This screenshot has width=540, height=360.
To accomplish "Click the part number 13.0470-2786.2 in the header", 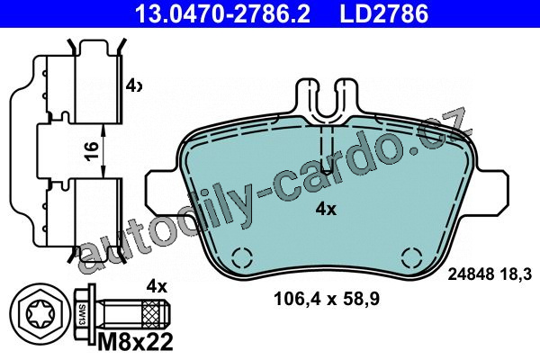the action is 222,13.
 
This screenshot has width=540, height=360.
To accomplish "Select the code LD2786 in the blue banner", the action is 384,13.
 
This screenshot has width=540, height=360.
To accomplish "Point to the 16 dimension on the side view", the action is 91,150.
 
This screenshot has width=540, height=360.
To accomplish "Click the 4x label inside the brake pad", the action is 326,209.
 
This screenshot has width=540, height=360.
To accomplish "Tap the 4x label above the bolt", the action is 157,286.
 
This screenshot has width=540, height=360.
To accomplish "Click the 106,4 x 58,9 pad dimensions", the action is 327,299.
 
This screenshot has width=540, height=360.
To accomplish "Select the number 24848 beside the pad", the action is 471,274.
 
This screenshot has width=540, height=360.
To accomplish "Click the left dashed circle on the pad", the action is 242,257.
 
